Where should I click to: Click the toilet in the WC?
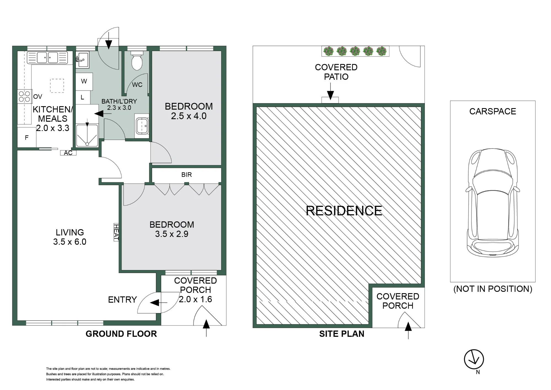tap(137, 60)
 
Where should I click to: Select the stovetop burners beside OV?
tap(24, 97)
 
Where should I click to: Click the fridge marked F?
tap(27, 138)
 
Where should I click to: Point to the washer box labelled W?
tap(84, 81)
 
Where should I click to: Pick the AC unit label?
tap(68, 153)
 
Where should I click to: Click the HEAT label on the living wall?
tap(116, 232)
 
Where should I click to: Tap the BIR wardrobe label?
tap(187, 175)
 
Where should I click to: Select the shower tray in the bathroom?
tap(87, 136)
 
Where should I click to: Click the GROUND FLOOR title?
tap(121, 334)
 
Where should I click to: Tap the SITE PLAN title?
tap(342, 334)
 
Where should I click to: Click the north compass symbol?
tap(474, 359)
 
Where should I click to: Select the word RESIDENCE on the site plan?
tap(344, 211)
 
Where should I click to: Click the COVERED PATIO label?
tap(336, 72)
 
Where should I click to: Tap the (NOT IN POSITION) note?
tap(493, 289)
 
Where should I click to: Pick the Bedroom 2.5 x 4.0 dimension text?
tap(189, 116)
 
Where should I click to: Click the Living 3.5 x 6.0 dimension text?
tap(70, 242)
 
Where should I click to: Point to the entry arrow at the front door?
tap(159, 303)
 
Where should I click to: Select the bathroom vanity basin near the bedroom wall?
tap(142, 126)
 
